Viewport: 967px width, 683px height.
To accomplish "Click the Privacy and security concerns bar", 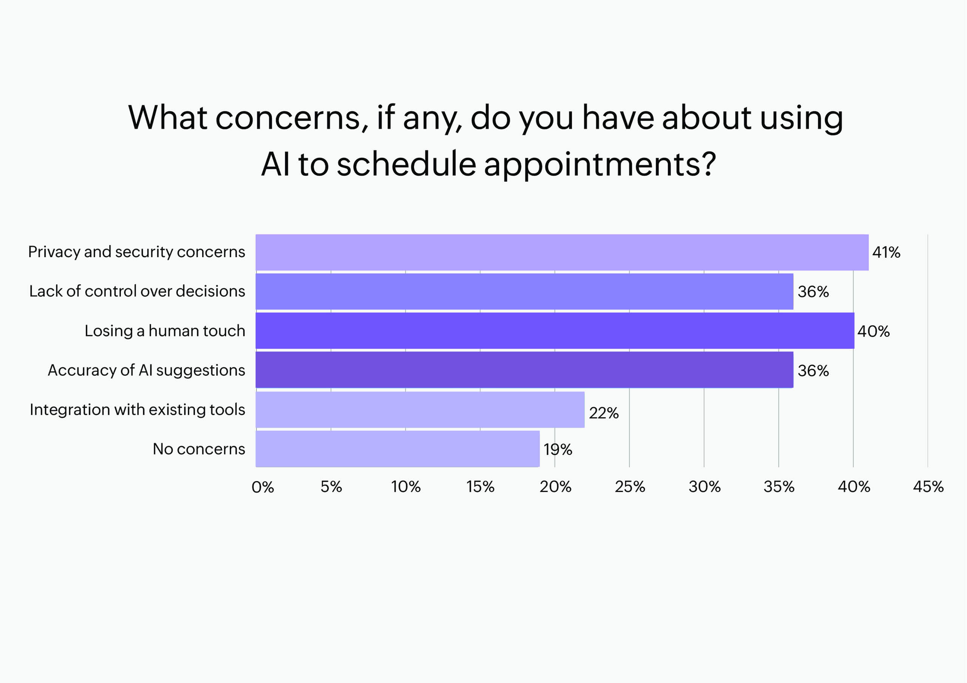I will (x=562, y=252).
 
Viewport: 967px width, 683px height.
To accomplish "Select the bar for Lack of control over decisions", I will (x=524, y=291).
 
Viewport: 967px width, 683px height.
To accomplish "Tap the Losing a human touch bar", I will (x=555, y=331).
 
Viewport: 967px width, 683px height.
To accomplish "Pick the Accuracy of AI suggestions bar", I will (x=524, y=370).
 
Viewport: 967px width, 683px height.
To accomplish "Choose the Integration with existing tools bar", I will (x=420, y=409).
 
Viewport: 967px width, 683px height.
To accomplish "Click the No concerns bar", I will (x=397, y=449).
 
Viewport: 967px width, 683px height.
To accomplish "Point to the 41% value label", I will (x=886, y=252).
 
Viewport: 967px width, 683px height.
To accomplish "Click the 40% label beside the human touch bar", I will (x=873, y=331).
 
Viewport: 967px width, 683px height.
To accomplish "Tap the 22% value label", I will (x=604, y=413).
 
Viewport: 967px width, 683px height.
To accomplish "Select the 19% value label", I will (x=558, y=449).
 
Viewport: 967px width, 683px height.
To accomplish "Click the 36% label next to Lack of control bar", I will (x=813, y=292).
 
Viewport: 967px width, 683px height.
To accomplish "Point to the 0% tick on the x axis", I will (x=263, y=487).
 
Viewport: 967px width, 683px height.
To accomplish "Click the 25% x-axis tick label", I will (x=630, y=487).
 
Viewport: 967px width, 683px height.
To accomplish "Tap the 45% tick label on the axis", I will (x=928, y=487).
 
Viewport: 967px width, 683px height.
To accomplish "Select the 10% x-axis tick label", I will (x=406, y=487).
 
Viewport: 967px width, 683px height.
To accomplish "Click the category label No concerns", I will (x=199, y=449).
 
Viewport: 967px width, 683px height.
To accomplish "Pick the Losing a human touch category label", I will (x=165, y=331).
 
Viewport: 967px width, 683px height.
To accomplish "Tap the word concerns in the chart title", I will (x=288, y=118).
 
